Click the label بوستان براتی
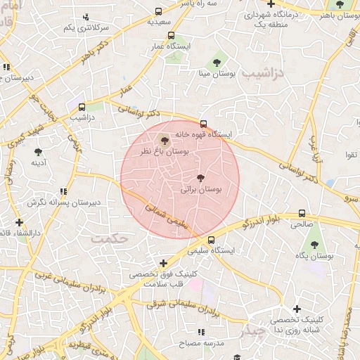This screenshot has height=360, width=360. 201,190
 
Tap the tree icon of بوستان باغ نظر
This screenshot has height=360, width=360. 165,140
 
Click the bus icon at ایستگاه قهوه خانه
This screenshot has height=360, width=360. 204,124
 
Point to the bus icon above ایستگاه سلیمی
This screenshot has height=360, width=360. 211,240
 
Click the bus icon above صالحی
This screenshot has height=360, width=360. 302,214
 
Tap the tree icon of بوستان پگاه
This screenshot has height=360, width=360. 313,245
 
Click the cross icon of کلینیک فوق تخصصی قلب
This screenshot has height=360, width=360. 163,262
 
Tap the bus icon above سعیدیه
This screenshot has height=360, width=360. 160,12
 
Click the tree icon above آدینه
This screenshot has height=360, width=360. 38,151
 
